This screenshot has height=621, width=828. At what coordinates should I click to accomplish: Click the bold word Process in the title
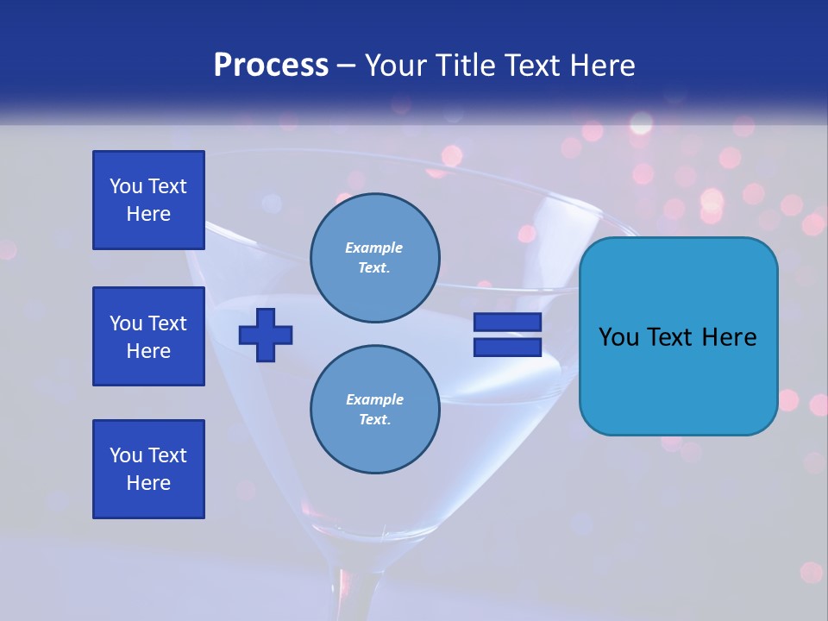[x=271, y=66]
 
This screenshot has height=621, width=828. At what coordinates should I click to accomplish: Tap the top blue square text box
[x=148, y=200]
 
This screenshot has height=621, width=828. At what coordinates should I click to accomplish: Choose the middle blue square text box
[x=148, y=336]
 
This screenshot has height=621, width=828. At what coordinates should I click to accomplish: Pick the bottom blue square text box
[x=148, y=469]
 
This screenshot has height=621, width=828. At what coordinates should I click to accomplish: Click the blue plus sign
[x=266, y=335]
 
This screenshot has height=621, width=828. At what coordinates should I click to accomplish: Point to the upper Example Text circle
[x=375, y=258]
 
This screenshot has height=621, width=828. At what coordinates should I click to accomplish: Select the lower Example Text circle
[x=375, y=410]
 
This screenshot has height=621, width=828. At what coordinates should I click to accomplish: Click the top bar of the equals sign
[x=507, y=323]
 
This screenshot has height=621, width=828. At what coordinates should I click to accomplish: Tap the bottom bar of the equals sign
[x=507, y=348]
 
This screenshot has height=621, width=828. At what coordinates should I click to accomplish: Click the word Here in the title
[x=600, y=66]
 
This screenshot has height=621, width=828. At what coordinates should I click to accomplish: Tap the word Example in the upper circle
[x=374, y=248]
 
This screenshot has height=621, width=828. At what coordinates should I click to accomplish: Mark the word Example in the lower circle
[x=374, y=399]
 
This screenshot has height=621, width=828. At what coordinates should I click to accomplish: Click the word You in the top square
[x=126, y=186]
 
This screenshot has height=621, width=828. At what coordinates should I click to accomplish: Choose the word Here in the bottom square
[x=148, y=483]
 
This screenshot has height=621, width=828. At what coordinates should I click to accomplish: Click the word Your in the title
[x=396, y=66]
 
